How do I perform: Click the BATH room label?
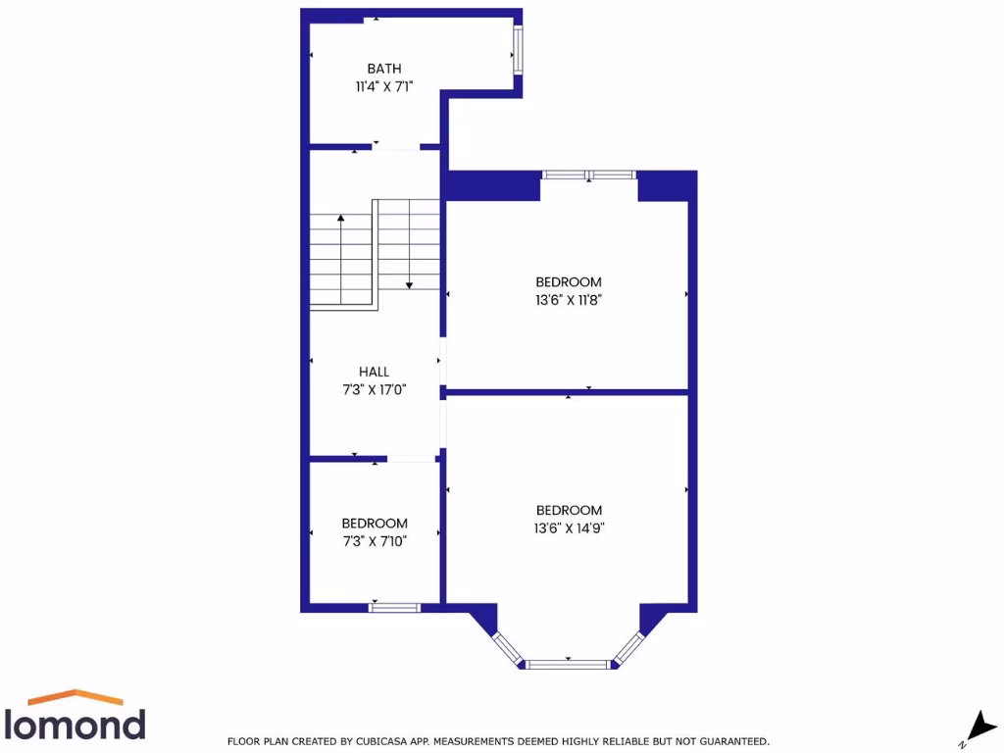[384, 69]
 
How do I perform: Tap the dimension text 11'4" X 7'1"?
[384, 86]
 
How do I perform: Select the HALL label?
[374, 372]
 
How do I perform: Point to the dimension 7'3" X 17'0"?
[374, 389]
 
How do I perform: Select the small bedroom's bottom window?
[394, 608]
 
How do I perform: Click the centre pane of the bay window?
[569, 665]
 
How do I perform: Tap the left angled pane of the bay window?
[507, 648]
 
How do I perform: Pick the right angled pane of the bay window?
[629, 648]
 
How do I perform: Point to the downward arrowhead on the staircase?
[410, 284]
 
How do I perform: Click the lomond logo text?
[76, 724]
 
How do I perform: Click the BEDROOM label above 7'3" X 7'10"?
[375, 523]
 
